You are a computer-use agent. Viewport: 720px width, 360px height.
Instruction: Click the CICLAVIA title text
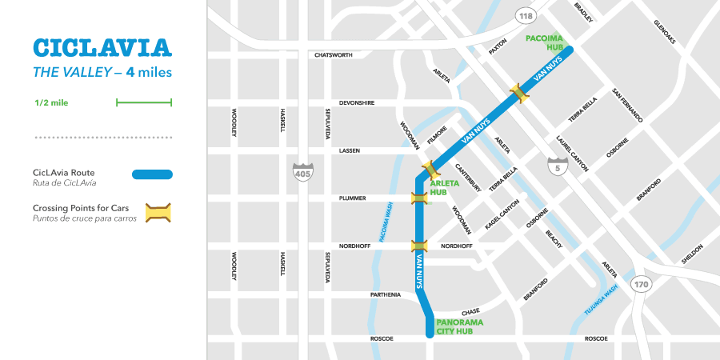point(102,47)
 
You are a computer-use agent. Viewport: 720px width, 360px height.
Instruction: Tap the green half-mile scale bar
point(144,102)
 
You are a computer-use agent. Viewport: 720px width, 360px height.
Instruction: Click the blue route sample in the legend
point(152,174)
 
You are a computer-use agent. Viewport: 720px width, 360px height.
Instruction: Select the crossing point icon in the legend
point(158,213)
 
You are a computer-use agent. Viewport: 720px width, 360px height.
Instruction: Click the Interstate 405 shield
point(303,170)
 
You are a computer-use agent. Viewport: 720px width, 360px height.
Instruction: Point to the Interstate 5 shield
point(554,166)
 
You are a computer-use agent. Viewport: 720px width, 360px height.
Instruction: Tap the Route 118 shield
point(525,17)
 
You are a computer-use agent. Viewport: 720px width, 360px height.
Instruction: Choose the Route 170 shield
point(640,284)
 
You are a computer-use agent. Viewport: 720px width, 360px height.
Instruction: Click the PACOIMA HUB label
point(544,42)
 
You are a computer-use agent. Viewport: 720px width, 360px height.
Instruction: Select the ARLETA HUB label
point(445,188)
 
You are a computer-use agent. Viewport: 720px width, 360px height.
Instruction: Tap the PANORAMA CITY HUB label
point(460,327)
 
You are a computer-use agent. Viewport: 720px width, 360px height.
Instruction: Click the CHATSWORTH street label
point(333,55)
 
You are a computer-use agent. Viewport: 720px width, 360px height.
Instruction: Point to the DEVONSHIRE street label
point(356,102)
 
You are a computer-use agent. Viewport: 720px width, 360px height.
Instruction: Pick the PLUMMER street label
point(353,198)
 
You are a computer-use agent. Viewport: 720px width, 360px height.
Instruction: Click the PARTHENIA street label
point(385,294)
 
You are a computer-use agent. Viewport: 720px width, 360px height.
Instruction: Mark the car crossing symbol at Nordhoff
point(419,246)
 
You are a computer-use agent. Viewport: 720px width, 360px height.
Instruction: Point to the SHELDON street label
point(692,254)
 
